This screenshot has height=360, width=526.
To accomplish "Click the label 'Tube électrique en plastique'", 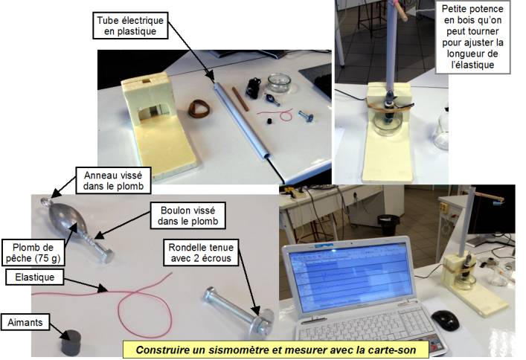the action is click(130, 26).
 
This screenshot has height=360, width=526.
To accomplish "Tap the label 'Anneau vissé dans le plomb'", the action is click(113, 181).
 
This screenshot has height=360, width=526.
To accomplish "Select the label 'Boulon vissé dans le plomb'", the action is click(187, 216).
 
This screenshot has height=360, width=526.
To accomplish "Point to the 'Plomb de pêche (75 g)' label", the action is click(33, 253).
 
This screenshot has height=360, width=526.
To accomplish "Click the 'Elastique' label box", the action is click(34, 277).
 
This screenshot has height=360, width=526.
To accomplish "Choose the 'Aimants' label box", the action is click(25, 322).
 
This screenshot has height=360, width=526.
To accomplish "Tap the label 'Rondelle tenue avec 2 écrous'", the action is click(201, 253).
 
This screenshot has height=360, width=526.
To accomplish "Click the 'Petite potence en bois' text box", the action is click(472, 36).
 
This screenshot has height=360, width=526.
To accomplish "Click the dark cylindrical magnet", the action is click(71, 342).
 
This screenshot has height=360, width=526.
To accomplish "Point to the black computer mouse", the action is click(445, 320).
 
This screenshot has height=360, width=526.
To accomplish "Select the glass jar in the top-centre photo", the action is click(279, 83).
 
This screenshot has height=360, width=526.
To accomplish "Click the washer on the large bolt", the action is click(266, 321).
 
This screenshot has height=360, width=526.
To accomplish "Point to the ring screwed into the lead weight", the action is click(45, 202).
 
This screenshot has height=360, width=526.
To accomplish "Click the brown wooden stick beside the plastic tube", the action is click(240, 99).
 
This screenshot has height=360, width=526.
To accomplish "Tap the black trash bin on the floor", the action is click(389, 225).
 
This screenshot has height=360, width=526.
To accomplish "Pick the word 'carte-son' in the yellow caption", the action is click(395, 350).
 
